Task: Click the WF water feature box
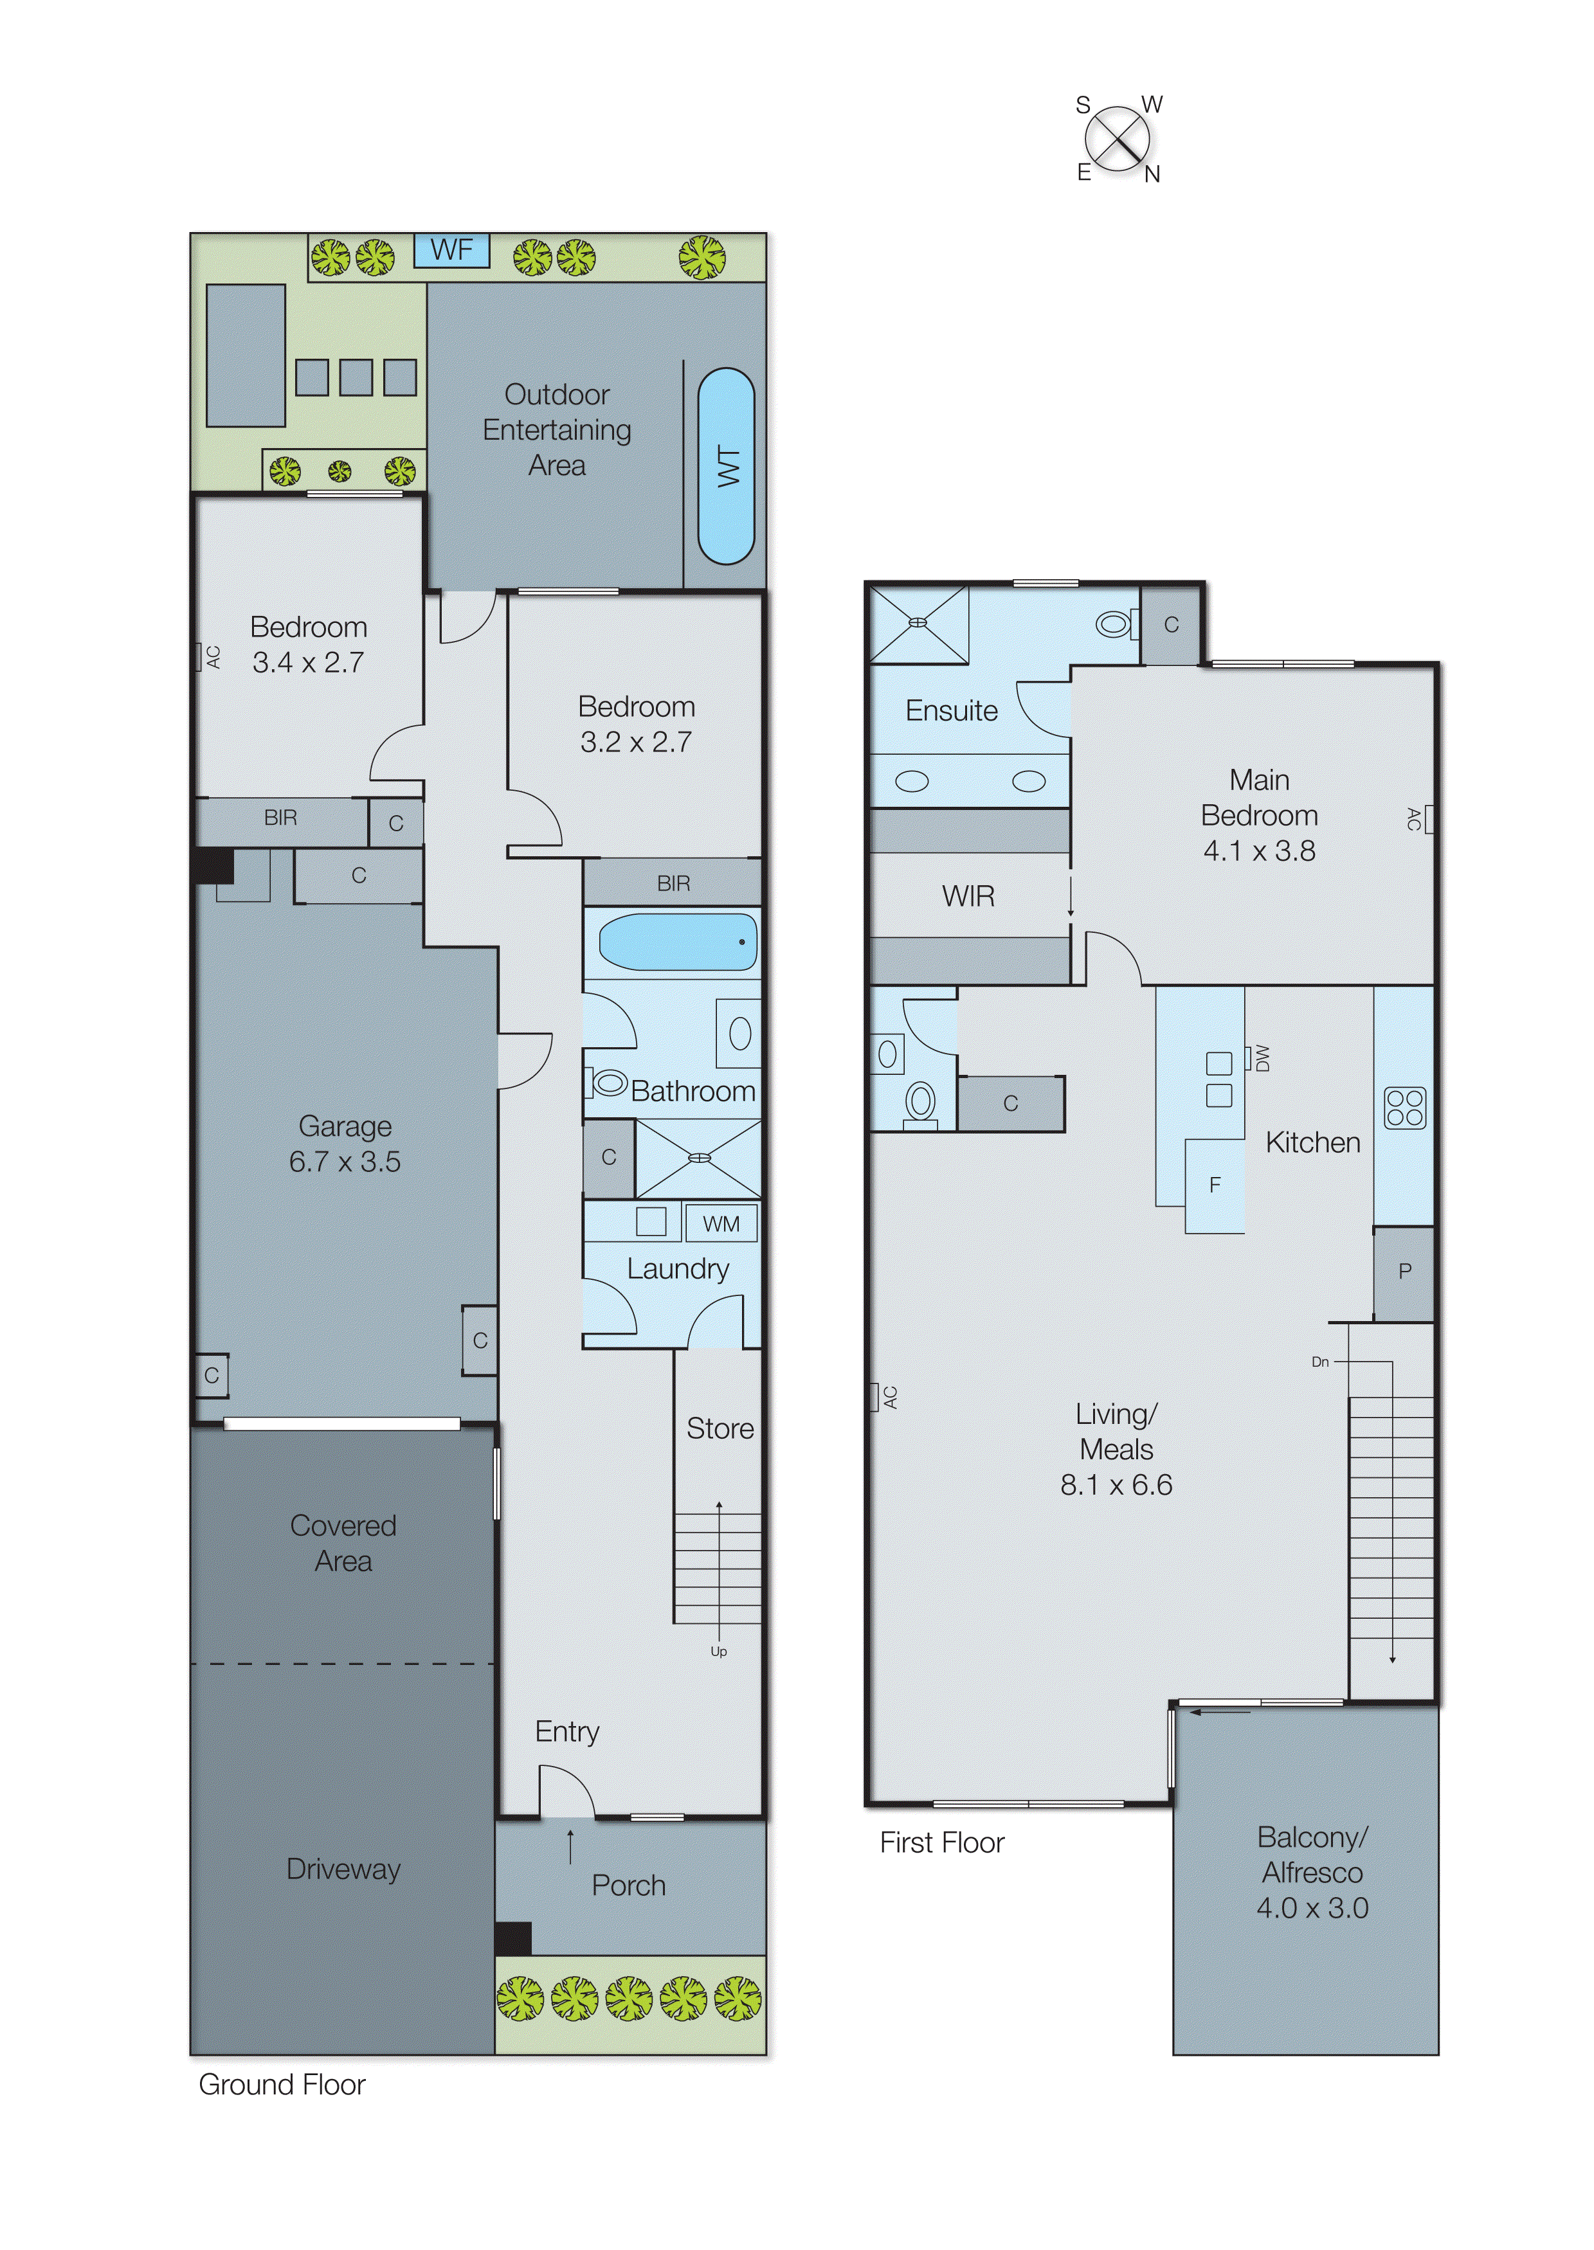(451, 250)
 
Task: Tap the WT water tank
(727, 466)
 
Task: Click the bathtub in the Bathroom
(677, 942)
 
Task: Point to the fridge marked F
(1215, 1185)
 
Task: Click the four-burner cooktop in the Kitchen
(1404, 1108)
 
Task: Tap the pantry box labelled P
(1404, 1272)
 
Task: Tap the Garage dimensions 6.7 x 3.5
(345, 1162)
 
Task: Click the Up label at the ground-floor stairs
(718, 1652)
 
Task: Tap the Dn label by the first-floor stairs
(1320, 1362)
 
